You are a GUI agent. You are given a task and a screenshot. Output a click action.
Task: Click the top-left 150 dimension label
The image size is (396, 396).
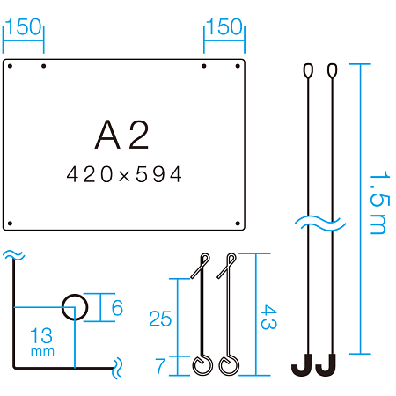(24, 27)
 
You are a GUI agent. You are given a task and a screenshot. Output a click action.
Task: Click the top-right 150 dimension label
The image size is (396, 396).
(224, 27)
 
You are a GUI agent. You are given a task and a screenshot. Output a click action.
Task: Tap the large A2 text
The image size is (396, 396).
(122, 135)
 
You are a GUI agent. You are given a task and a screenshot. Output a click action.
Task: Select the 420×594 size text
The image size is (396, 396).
(124, 174)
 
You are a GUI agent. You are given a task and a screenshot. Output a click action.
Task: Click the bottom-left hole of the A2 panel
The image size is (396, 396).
(10, 224)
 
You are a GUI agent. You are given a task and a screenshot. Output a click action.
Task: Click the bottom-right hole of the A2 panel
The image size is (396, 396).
(238, 224)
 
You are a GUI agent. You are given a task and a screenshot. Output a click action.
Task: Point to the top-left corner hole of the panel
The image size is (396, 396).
(10, 66)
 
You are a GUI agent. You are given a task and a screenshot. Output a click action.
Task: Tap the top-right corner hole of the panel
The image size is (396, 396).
(238, 66)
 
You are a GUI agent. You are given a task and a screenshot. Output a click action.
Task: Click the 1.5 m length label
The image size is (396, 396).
(379, 202)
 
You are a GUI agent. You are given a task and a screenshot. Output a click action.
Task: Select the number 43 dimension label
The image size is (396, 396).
(268, 317)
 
